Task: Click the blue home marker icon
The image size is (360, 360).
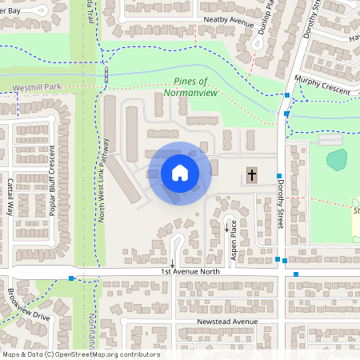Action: [x=179, y=173]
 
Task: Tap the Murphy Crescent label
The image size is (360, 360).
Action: [x=322, y=86]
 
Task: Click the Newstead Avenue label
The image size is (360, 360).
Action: [x=227, y=322]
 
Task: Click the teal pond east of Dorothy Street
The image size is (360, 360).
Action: [x=338, y=159]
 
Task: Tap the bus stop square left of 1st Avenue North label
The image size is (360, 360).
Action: [x=72, y=278]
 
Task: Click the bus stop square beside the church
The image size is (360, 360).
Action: [x=279, y=176]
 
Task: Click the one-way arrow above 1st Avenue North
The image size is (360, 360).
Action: [x=172, y=262]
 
